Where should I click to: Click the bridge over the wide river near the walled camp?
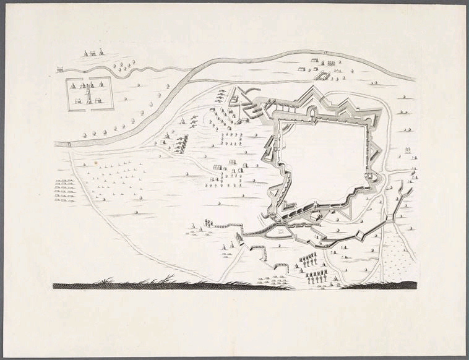click(x=69, y=144)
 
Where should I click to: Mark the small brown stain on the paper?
click(x=95, y=163)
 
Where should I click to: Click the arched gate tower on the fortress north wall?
click(x=312, y=112)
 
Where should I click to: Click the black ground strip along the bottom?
click(x=235, y=286)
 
